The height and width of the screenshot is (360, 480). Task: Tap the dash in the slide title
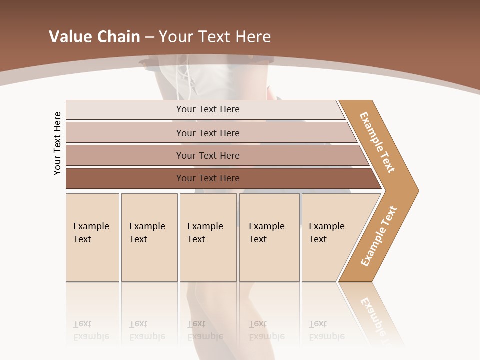click(149, 37)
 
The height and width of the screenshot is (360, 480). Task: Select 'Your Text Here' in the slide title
click(215, 37)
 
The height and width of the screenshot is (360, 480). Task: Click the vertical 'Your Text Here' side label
click(57, 143)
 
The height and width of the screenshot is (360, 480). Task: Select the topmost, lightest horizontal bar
click(207, 109)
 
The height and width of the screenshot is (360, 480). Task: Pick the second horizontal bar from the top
click(207, 133)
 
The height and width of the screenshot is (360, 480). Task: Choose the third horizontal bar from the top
click(207, 155)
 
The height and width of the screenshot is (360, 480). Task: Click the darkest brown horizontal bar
click(207, 178)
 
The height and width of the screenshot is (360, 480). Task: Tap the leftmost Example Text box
click(92, 237)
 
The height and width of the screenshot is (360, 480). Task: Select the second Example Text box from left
click(149, 237)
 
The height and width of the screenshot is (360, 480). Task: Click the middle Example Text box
click(208, 237)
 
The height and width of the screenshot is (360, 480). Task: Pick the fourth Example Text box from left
click(269, 237)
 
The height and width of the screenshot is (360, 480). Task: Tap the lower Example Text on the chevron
click(378, 236)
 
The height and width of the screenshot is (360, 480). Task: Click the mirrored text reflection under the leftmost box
click(91, 330)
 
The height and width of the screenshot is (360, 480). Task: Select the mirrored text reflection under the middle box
click(205, 330)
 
